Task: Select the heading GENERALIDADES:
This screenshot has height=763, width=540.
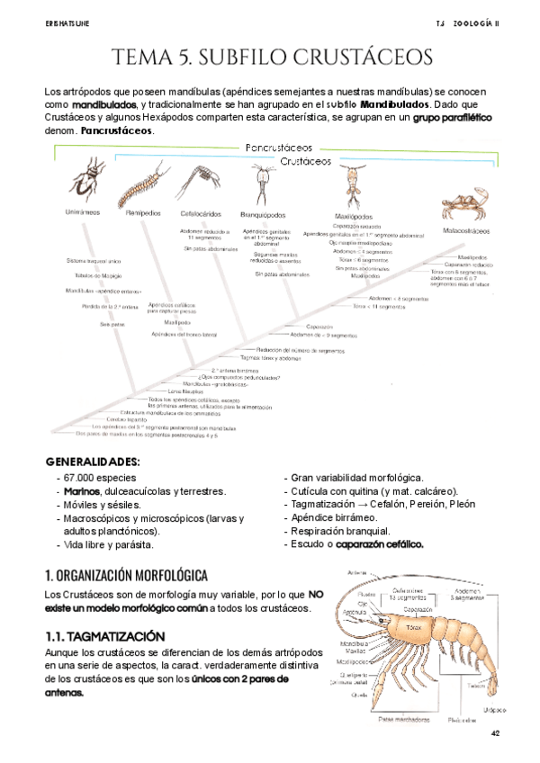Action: (92, 462)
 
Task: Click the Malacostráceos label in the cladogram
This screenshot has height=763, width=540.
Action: (466, 230)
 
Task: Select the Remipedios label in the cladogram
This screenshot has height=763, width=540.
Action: (143, 213)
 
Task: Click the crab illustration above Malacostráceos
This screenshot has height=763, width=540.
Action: (464, 203)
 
